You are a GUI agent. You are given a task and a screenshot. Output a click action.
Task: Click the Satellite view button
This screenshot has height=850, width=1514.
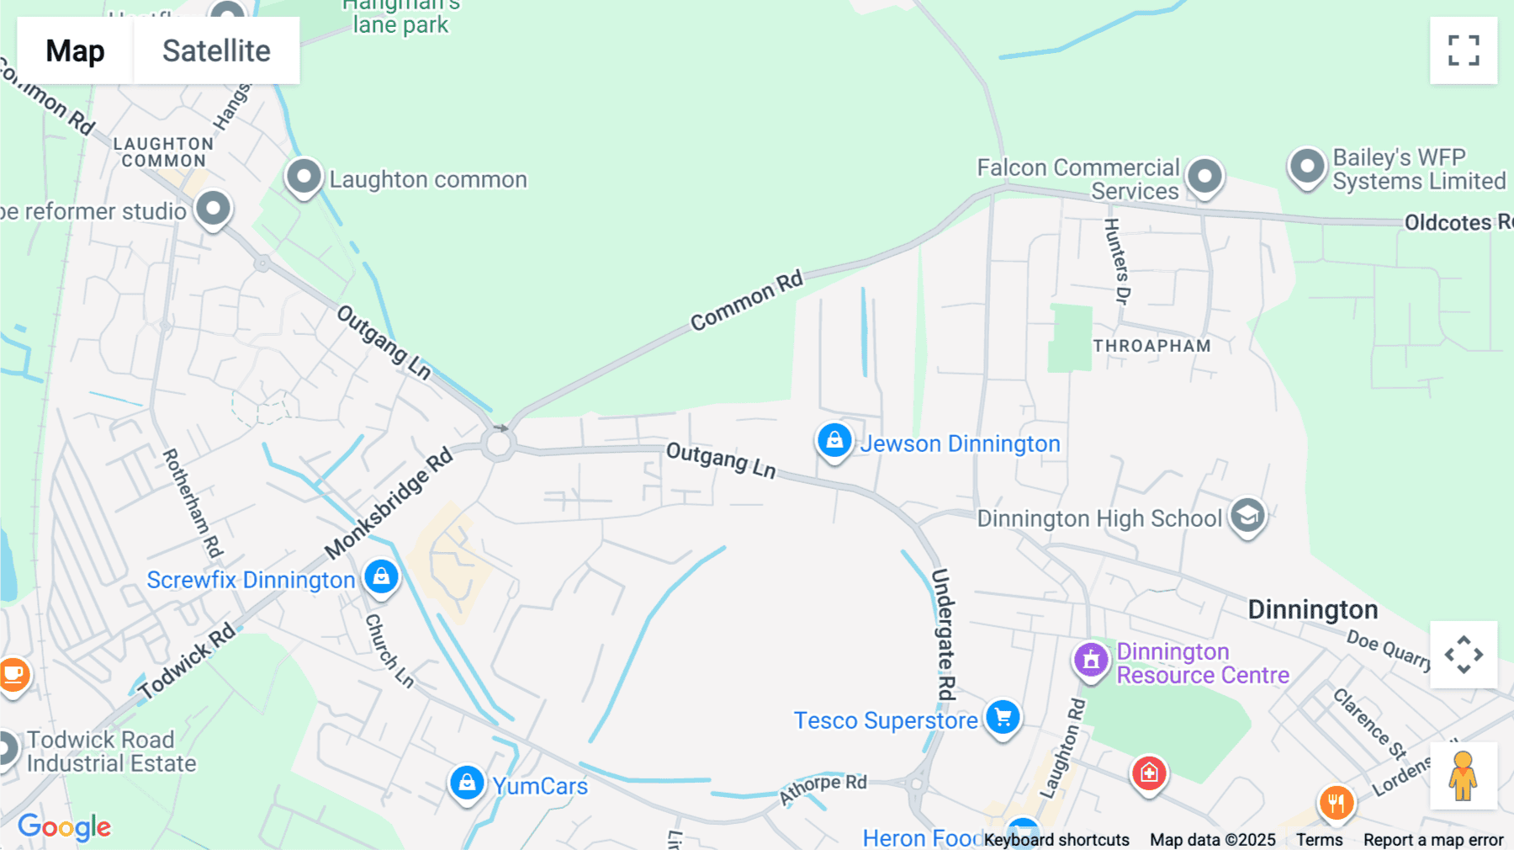click(216, 50)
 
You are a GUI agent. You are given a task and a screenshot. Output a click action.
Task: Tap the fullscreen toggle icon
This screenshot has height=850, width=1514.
click(1464, 50)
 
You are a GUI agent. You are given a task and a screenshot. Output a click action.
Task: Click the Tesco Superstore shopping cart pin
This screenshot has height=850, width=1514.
click(1003, 718)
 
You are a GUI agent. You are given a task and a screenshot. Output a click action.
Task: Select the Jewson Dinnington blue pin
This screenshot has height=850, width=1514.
click(834, 440)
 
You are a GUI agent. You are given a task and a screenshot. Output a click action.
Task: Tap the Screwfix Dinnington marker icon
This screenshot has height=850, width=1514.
click(381, 576)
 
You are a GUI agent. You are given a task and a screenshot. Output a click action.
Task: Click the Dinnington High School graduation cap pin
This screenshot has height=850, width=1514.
click(1247, 515)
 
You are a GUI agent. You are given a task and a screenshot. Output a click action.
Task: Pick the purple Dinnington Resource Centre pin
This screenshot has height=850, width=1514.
click(1091, 659)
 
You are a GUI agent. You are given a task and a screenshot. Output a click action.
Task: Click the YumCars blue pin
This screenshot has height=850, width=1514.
click(467, 783)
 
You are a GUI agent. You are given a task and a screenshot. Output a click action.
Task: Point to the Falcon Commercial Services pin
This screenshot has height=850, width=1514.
click(1204, 177)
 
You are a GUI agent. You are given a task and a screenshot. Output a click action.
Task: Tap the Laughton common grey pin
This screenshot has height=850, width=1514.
click(304, 177)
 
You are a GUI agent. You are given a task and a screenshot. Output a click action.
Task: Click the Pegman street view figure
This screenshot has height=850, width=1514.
click(1463, 776)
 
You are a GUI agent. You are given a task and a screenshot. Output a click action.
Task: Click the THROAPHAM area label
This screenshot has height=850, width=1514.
click(1151, 346)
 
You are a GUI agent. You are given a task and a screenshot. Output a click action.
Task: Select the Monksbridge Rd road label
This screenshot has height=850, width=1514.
click(389, 503)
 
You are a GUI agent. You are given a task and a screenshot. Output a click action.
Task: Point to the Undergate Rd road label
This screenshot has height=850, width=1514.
click(945, 634)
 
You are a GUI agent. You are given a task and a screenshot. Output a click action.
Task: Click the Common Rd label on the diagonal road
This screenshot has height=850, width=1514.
click(747, 300)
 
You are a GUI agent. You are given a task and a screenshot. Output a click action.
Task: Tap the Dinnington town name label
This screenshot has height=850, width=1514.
click(1312, 609)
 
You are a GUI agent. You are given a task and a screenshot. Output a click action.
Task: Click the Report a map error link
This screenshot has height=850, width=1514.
click(1433, 840)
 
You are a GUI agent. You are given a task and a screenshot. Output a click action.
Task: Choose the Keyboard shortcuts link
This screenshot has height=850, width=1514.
click(1056, 840)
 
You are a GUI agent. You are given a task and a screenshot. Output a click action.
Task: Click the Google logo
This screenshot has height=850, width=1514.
click(65, 826)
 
